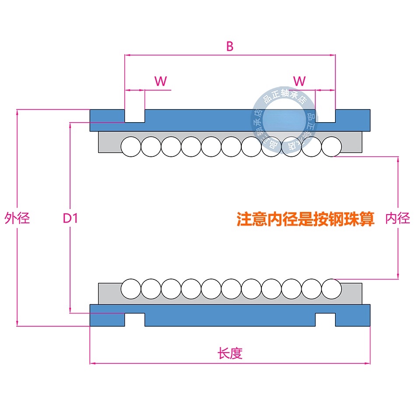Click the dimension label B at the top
pyautogui.click(x=230, y=46)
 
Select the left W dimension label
pyautogui.click(x=161, y=81)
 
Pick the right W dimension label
pyautogui.click(x=299, y=81)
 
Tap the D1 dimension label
pyautogui.click(x=71, y=218)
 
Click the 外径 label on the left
pyautogui.click(x=17, y=218)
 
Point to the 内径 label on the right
pyautogui.click(x=398, y=218)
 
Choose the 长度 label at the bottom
pyautogui.click(x=230, y=353)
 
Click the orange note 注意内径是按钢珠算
pyautogui.click(x=305, y=219)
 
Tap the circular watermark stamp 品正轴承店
pyautogui.click(x=284, y=120)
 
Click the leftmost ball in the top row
pyautogui.click(x=131, y=146)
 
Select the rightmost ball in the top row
pyautogui.click(x=331, y=146)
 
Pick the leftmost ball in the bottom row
pyautogui.click(x=131, y=289)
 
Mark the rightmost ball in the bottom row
pyautogui.click(x=331, y=289)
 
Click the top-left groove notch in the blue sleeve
pyautogui.click(x=135, y=116)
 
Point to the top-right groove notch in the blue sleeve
pyautogui.click(x=325, y=116)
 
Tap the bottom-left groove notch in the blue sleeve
pyautogui.click(x=135, y=320)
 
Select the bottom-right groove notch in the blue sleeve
pyautogui.click(x=325, y=320)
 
